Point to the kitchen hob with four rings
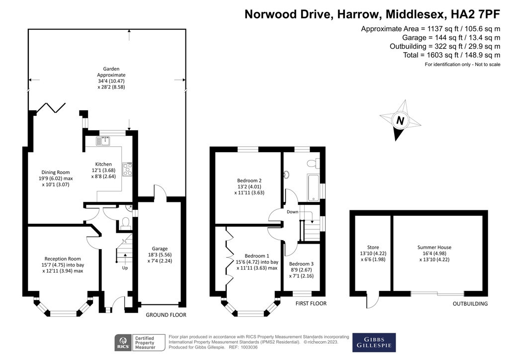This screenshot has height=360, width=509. (127, 170)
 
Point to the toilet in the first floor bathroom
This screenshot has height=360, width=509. (313, 163)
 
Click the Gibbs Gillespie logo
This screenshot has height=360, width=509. (374, 342)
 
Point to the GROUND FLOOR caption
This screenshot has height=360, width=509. (166, 315)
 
